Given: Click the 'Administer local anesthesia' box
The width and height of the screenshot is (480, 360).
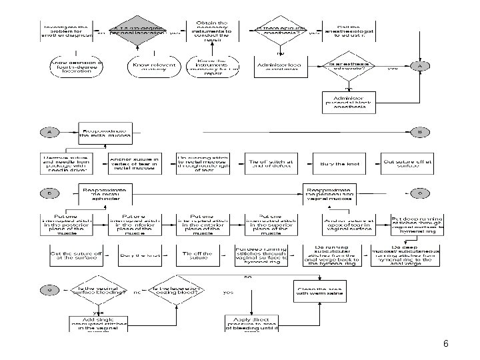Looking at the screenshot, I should point(279,65).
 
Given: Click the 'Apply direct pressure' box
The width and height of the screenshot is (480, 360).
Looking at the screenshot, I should point(252,323).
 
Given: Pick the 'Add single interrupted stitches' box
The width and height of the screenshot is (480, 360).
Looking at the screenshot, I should point(97,323).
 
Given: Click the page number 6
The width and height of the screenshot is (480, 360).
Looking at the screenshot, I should point(445,344).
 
